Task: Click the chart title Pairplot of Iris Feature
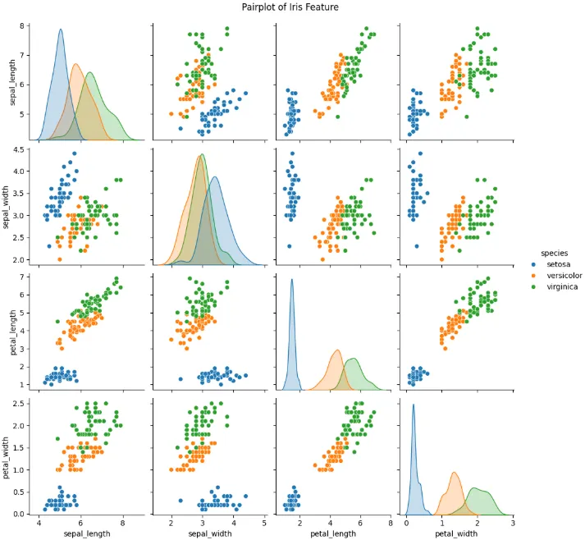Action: point(290,7)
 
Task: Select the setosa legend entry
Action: point(551,264)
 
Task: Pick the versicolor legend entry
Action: point(556,276)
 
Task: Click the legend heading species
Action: point(554,253)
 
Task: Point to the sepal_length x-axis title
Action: point(87,533)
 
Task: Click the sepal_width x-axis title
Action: point(210,533)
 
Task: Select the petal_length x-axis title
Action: point(333,533)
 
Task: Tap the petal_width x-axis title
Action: point(456,533)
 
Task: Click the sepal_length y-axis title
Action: point(12,82)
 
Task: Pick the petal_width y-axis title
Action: point(6,458)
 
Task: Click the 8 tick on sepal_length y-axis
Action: point(22,25)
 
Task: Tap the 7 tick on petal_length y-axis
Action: point(22,277)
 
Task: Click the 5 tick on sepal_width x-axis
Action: point(264,524)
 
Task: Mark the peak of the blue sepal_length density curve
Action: point(61,29)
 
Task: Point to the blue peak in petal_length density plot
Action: point(292,279)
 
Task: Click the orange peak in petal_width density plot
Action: point(454,473)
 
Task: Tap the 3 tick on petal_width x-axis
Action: point(513,524)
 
